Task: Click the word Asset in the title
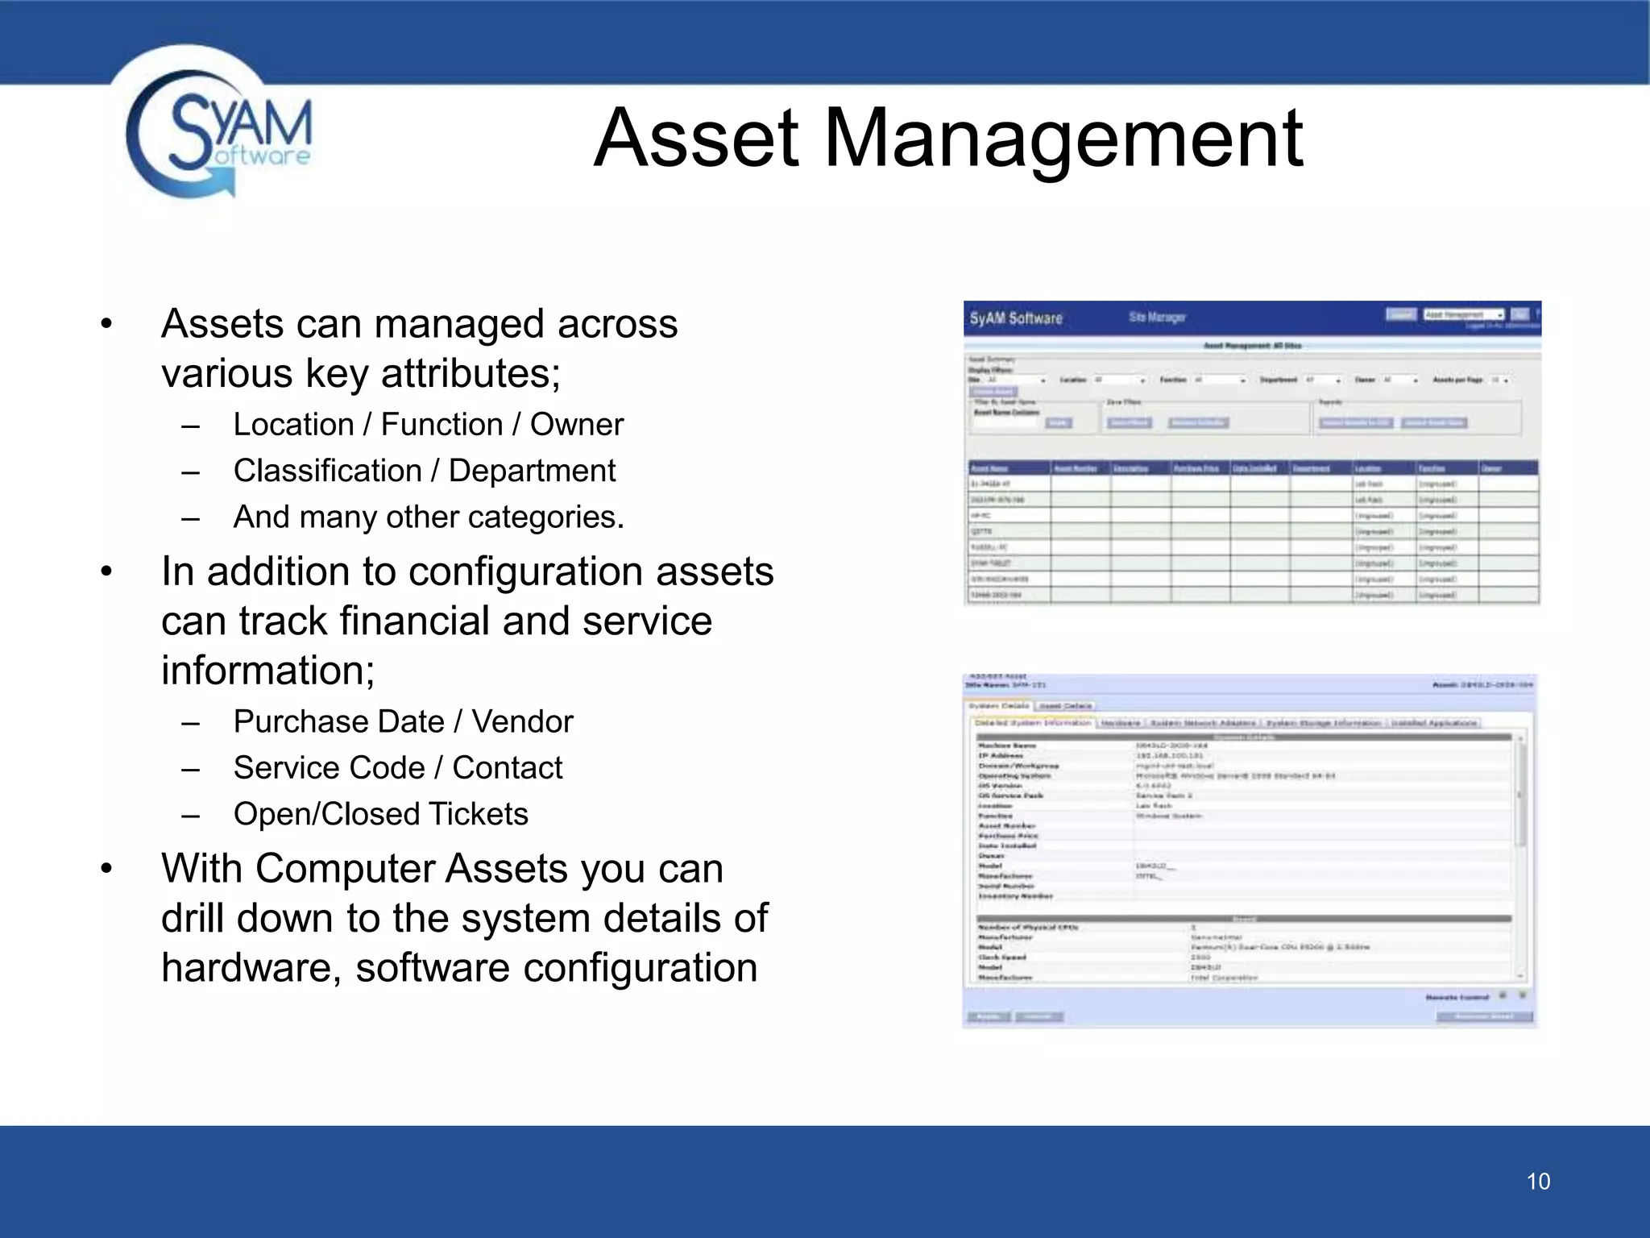coord(698,139)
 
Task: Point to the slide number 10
coord(1538,1182)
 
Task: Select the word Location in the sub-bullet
coord(293,425)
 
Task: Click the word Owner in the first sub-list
coord(576,425)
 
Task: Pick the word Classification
coord(327,471)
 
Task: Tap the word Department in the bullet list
coord(532,471)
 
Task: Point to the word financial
coord(414,621)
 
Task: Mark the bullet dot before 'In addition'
coord(106,572)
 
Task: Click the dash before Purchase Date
coord(190,724)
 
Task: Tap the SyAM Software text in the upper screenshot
coord(1015,318)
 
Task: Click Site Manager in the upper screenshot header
coord(1157,318)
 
